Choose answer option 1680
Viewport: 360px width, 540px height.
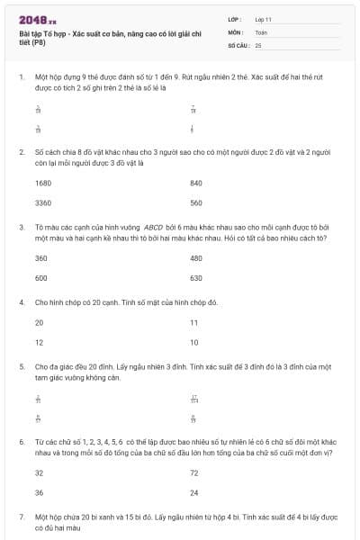43,183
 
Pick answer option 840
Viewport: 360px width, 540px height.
196,183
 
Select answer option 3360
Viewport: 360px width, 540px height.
43,202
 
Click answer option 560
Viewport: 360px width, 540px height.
196,202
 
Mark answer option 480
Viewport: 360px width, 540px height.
196,257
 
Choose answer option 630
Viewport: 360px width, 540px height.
196,277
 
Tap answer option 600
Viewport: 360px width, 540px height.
40,277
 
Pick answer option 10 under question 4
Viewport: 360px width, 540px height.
194,342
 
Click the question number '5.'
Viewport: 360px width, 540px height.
22,367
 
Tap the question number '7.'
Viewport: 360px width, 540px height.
22,517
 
